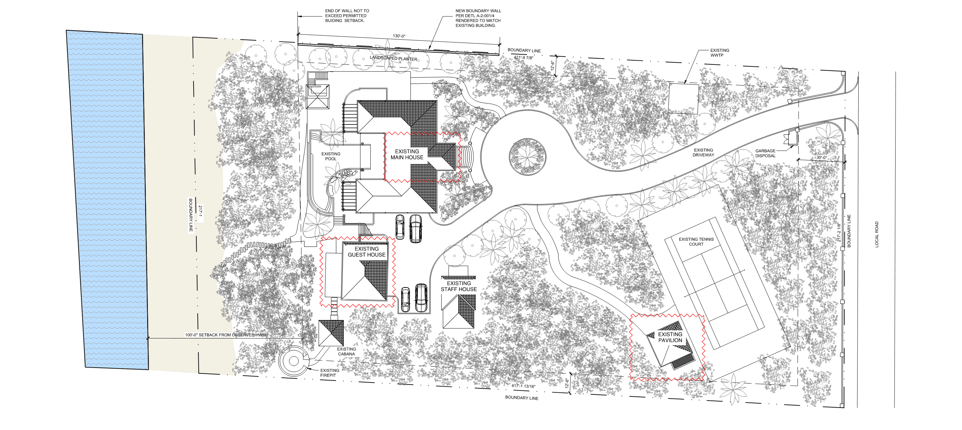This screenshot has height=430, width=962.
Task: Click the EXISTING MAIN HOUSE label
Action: tap(407, 154)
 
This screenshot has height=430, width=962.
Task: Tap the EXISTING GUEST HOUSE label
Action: tap(367, 252)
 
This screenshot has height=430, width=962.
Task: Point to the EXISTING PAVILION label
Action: tap(670, 337)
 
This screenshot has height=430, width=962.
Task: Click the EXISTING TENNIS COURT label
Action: tap(696, 242)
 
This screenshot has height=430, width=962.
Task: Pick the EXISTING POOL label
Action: tap(331, 156)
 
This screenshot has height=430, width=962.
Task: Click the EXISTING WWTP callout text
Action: tap(719, 53)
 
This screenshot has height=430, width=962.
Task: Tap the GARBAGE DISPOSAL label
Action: tap(765, 153)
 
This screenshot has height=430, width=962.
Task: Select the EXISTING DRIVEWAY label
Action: tap(703, 152)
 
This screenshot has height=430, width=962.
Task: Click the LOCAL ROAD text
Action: tap(877, 235)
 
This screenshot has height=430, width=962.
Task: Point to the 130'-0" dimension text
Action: tap(399, 36)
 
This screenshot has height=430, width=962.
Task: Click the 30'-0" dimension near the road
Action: tap(822, 158)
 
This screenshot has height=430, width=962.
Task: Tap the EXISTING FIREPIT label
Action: tap(330, 373)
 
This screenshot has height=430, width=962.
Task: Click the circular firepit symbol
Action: tap(294, 361)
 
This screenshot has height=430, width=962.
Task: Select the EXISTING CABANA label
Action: tap(346, 352)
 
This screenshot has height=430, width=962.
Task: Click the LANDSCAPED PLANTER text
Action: tap(394, 58)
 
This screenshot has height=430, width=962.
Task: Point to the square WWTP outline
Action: tap(683, 99)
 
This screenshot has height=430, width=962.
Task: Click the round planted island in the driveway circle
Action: tap(527, 157)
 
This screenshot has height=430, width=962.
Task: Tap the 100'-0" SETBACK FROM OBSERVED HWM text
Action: tap(225, 335)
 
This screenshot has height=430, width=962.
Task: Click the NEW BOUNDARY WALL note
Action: tap(478, 18)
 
